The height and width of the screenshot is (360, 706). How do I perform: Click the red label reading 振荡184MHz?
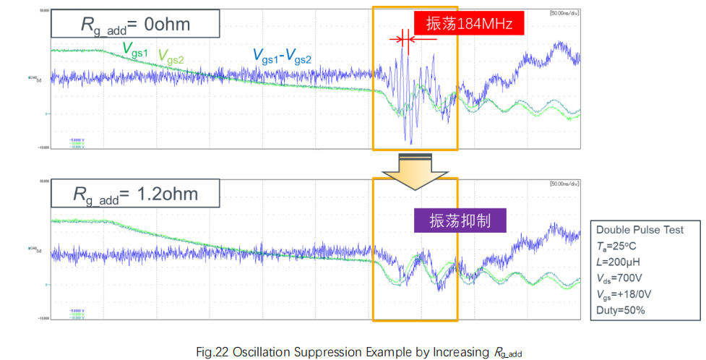click(x=469, y=24)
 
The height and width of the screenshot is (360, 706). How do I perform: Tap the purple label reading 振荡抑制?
click(x=460, y=220)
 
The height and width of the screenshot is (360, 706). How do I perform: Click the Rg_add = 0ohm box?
click(x=135, y=25)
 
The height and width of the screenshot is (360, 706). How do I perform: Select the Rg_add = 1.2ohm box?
click(x=136, y=194)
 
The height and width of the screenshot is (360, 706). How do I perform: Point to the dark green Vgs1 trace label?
click(x=135, y=49)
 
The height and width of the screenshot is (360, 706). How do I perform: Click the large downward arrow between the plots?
click(x=416, y=171)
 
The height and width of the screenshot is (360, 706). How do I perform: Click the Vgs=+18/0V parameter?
click(x=629, y=294)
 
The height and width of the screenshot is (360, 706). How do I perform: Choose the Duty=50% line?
click(x=621, y=310)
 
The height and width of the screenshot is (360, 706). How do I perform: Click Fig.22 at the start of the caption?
click(x=212, y=352)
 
